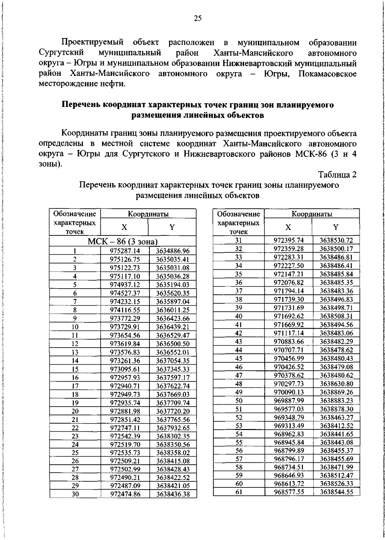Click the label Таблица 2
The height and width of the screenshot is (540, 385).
(337, 175)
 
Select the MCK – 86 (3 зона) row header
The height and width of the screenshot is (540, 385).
(123, 241)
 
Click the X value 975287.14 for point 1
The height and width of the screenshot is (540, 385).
(125, 251)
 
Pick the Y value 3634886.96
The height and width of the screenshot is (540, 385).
(173, 251)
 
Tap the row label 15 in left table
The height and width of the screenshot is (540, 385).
(75, 369)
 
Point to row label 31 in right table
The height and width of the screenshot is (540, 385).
(239, 240)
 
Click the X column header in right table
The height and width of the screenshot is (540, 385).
(288, 227)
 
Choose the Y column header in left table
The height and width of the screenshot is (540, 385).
(172, 227)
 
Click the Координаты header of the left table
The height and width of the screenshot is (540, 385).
(148, 214)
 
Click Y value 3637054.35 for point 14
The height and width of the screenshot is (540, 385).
(173, 361)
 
